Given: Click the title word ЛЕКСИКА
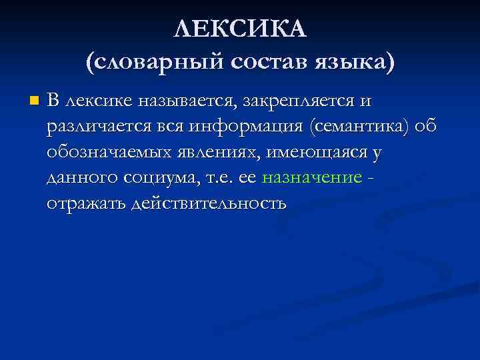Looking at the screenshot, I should click(x=239, y=29).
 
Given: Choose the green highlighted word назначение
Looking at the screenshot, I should click(x=312, y=178).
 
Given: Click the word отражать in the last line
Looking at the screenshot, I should click(x=86, y=203).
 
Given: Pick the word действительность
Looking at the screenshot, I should click(x=210, y=203).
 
